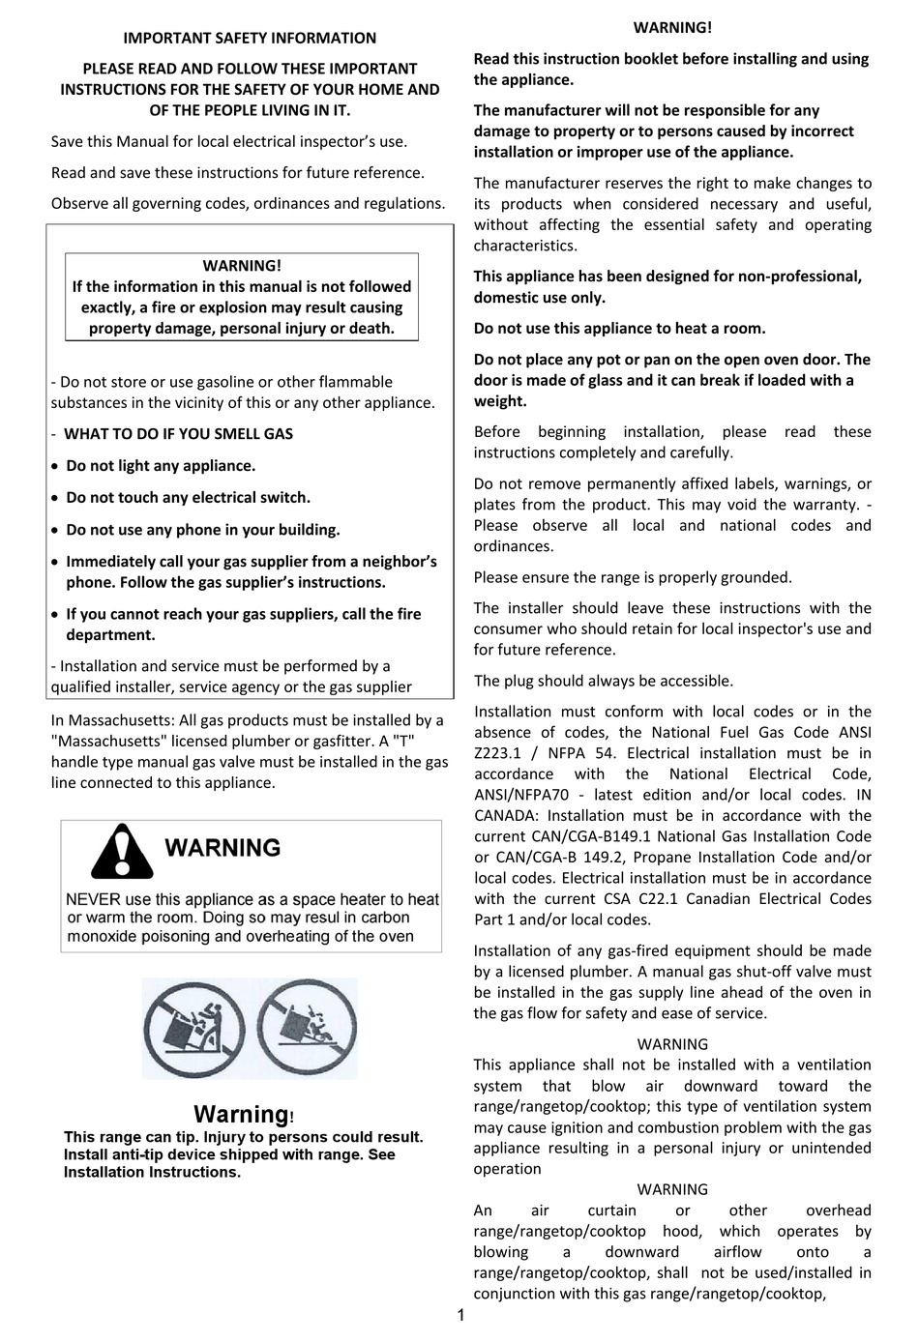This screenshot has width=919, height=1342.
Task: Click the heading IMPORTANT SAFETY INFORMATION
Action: (249, 38)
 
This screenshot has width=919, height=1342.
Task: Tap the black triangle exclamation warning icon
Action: (122, 851)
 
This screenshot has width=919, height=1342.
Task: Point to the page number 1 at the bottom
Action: (460, 1315)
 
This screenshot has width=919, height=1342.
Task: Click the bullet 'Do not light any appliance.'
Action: (161, 466)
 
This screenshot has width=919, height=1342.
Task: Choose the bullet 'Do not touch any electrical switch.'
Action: (188, 498)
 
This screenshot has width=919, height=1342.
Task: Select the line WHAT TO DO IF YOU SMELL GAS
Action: (178, 434)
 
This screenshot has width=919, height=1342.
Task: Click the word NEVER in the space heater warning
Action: (93, 900)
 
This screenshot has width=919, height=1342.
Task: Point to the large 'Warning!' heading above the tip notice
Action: (244, 1115)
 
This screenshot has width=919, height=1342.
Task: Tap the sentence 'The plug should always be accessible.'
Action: (603, 681)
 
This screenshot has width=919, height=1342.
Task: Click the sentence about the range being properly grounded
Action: (632, 577)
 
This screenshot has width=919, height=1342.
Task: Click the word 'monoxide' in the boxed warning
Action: (102, 937)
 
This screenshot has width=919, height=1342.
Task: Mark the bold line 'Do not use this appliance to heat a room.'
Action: (619, 329)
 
